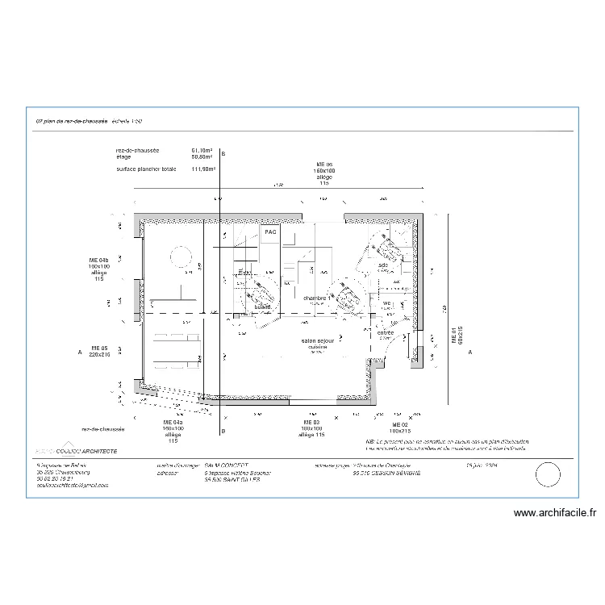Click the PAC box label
point(270,232)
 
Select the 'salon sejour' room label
point(318,341)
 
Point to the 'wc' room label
point(386,303)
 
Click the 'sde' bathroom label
point(383,265)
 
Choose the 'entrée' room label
point(386,332)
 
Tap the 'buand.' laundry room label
point(262,307)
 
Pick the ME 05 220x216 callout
point(98,350)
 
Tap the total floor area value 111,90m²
point(202,169)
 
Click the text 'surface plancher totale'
point(146,169)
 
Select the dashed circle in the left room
point(180,257)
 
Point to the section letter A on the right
point(469,353)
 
